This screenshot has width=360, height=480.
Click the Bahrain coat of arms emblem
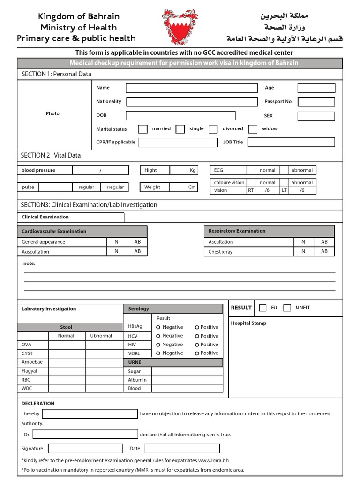coord(180,27)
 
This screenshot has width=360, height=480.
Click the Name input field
coord(191,88)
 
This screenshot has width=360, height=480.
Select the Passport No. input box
coord(316,102)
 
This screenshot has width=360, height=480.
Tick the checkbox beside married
coord(143,129)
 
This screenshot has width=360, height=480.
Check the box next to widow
coord(253,129)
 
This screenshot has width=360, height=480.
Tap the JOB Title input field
coord(291,142)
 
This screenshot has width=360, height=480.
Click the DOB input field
coord(180,116)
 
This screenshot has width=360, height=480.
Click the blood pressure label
coord(38,170)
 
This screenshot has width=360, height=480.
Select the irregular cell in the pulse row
coord(115,187)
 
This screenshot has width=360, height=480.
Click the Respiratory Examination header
coord(237,231)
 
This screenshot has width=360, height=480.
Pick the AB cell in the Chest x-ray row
coord(324,251)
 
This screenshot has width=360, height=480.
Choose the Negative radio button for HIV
coord(158,345)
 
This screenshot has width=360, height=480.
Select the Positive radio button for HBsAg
coord(197,327)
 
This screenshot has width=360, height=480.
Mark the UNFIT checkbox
coord(287,308)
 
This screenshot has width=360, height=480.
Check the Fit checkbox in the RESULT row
coord(262,308)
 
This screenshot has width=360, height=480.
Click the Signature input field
coord(85,449)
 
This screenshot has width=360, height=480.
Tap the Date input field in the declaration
coord(182,449)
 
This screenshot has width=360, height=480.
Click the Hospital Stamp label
coord(248,323)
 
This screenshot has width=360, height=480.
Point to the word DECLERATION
coord(38,403)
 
